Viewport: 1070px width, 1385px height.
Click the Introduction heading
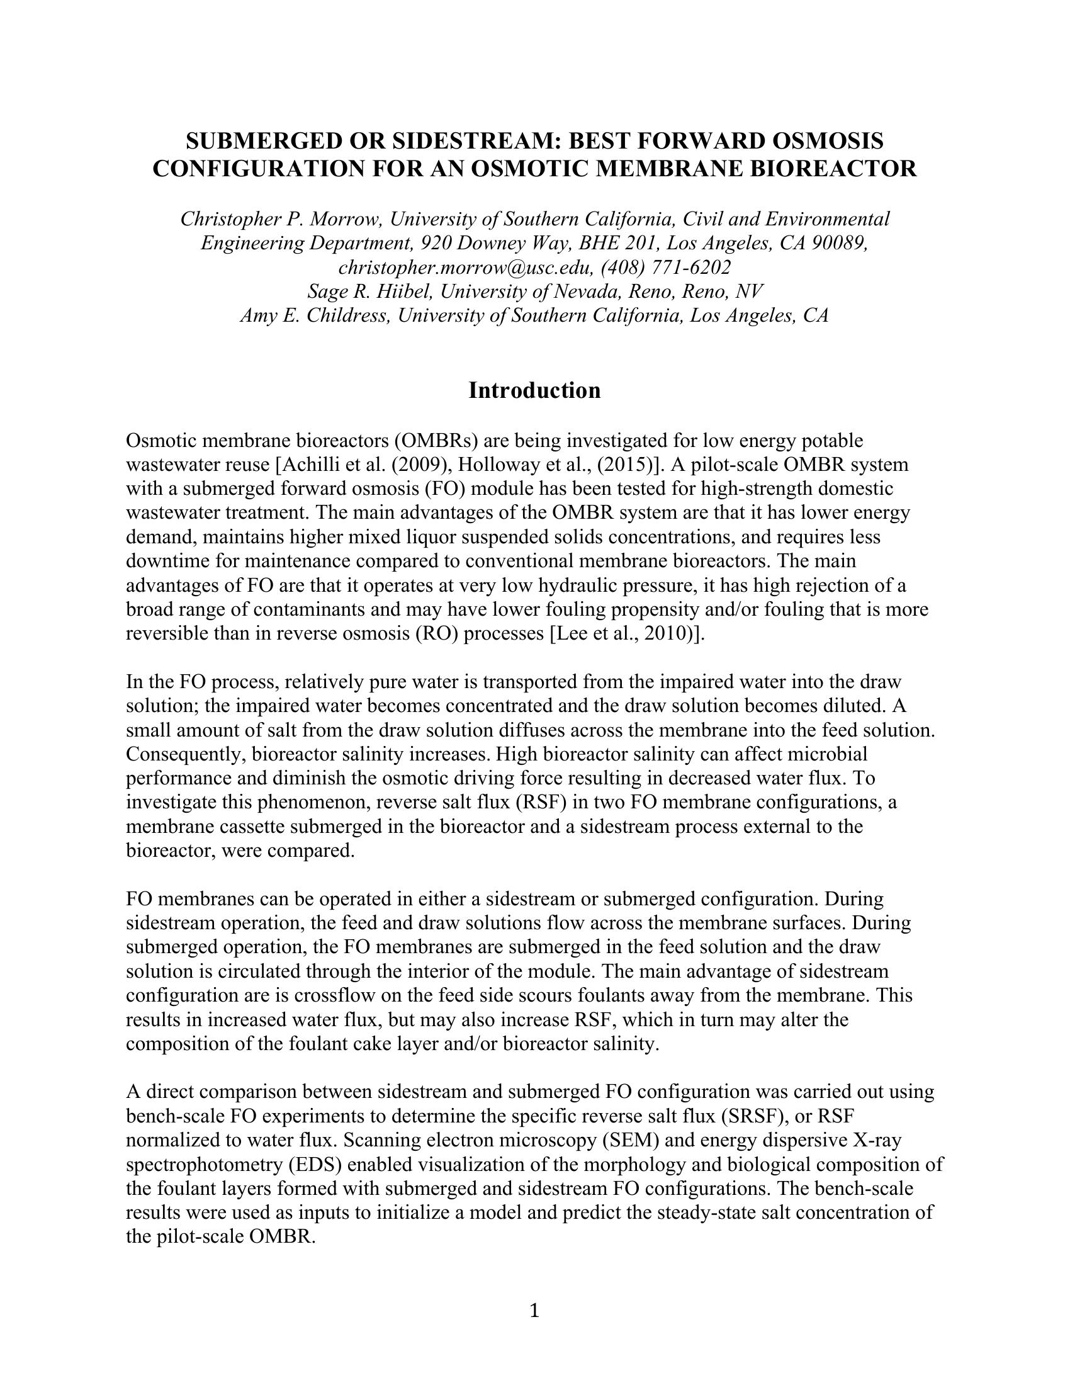pos(534,391)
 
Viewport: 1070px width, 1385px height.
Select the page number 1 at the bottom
pos(534,1310)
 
